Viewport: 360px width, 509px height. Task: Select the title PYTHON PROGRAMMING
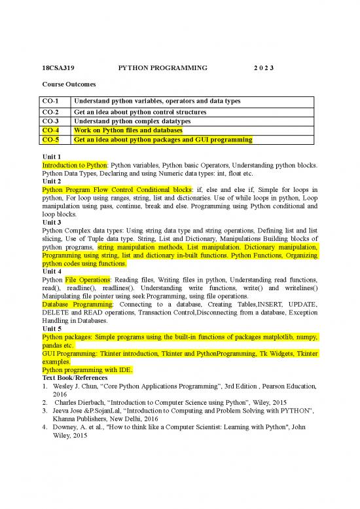[162, 67]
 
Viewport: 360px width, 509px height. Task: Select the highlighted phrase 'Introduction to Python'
[73, 166]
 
